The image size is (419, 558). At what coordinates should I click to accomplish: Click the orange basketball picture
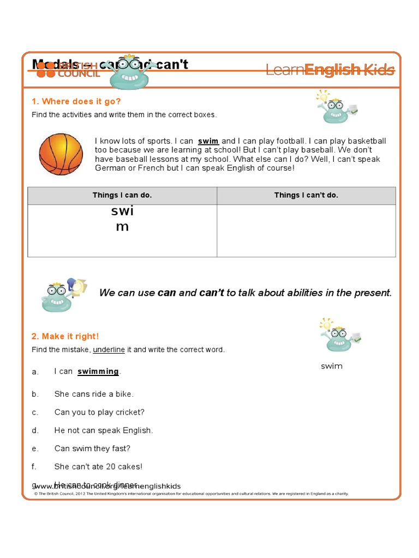pos(61,154)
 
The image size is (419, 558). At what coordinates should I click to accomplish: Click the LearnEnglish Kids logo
pos(330,70)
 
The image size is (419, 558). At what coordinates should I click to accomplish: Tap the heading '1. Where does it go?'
pos(76,101)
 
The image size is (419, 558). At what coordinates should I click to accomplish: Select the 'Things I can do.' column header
pos(122,195)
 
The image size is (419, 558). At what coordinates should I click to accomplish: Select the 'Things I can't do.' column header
pos(306,195)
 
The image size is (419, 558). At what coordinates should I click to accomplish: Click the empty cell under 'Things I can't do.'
pos(306,231)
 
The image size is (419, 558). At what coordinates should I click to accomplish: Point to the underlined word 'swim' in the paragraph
pos(208,141)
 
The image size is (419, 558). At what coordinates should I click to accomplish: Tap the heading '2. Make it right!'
pos(65,336)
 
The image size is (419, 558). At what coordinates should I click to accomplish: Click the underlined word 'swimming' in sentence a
pos(98,372)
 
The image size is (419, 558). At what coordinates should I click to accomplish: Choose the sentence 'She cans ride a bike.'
pos(94,394)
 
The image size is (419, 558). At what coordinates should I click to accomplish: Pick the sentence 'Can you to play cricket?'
pos(99,412)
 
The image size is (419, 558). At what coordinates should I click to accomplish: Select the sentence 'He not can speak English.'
pos(104,430)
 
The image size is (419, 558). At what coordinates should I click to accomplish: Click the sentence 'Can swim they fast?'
pos(92,448)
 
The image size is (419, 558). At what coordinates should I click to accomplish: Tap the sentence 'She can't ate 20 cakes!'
pos(98,466)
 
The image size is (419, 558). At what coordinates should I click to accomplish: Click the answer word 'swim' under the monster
pos(331,366)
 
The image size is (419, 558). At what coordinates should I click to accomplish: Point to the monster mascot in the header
pos(129,73)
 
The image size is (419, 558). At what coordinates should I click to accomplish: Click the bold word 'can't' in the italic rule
pos(212,293)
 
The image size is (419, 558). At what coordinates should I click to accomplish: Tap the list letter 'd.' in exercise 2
pos(35,430)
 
